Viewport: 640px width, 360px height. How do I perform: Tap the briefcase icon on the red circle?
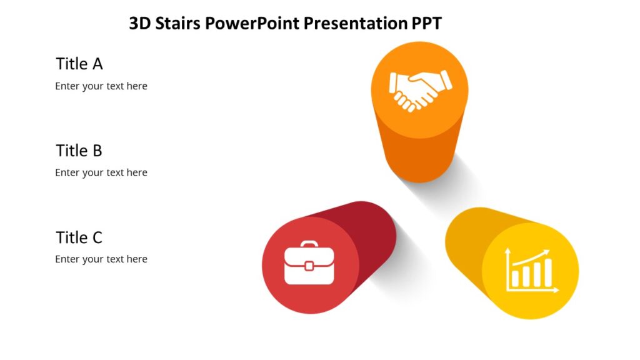point(309,265)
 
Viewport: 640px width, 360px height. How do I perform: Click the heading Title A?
point(79,64)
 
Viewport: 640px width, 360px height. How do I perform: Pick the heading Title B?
point(79,151)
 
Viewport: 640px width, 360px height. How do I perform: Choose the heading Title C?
point(79,237)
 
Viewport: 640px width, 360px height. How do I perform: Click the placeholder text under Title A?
point(101,86)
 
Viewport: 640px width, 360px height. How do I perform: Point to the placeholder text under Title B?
point(101,172)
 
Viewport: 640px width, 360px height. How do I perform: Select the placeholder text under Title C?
point(101,259)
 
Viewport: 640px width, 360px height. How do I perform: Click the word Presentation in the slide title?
point(355,24)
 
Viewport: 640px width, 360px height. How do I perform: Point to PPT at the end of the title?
point(426,24)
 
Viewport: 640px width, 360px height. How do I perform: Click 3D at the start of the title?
point(138,24)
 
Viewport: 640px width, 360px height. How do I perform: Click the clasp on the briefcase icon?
point(309,266)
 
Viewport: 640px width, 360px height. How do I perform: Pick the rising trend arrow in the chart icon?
point(531,257)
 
